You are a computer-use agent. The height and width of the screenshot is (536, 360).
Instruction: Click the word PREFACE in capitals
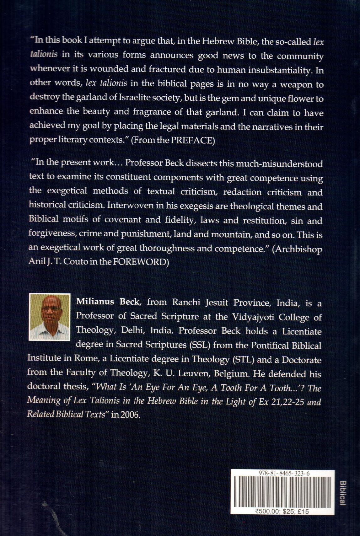click(x=192, y=140)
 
